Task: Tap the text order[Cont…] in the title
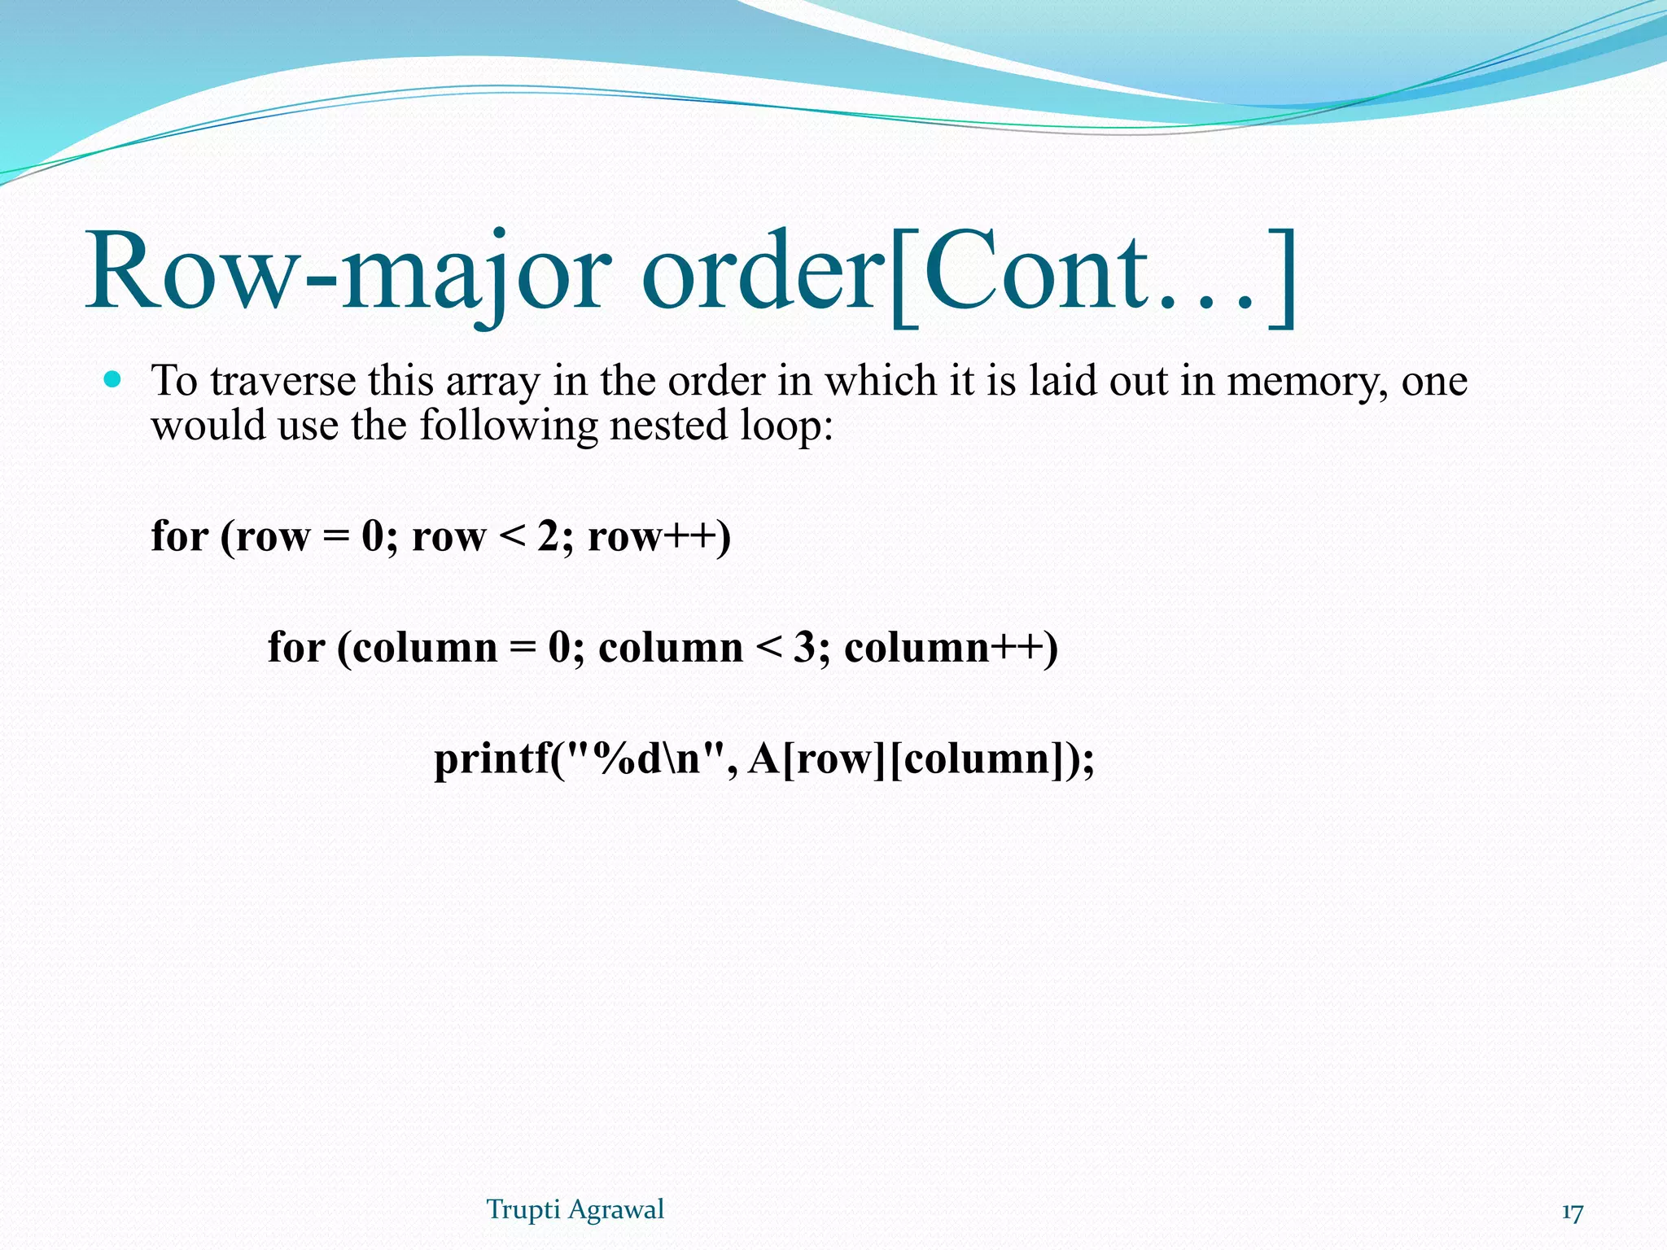(x=969, y=273)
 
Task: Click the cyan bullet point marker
(x=113, y=379)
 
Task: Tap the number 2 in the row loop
(x=547, y=536)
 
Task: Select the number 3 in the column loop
(x=804, y=648)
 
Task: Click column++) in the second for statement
(x=951, y=648)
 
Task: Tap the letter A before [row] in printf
(x=763, y=759)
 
